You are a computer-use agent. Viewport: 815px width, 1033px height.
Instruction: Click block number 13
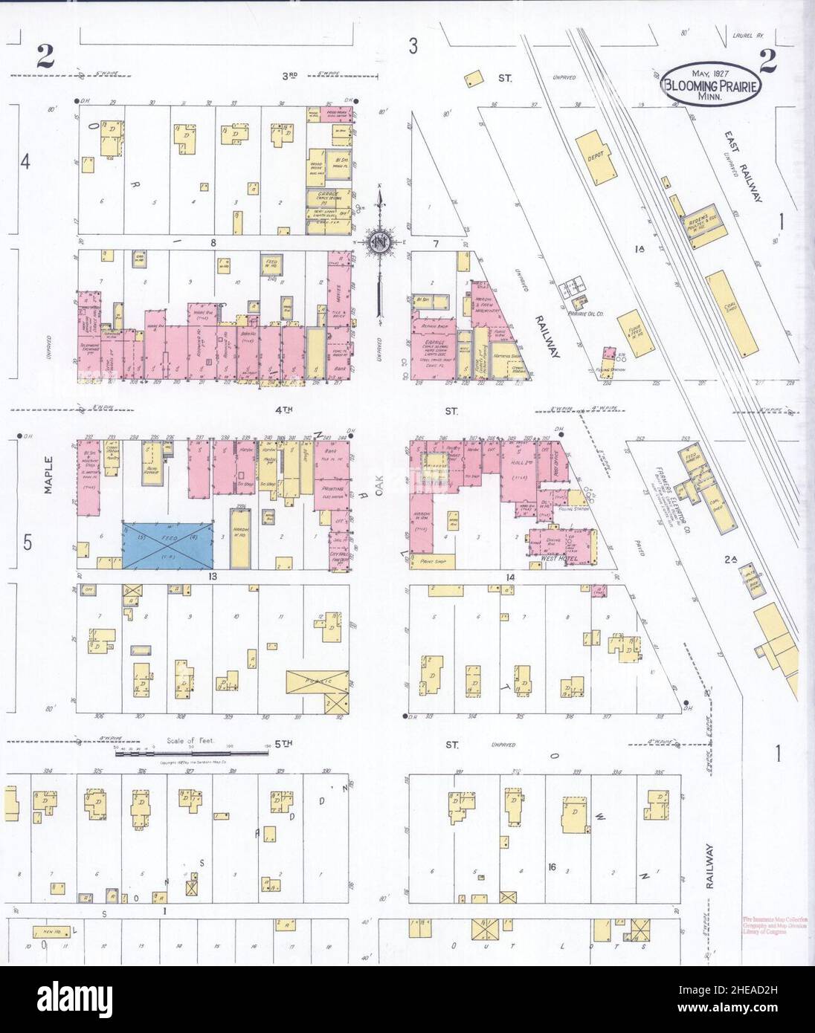click(x=212, y=576)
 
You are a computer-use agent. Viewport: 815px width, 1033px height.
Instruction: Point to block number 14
click(x=510, y=576)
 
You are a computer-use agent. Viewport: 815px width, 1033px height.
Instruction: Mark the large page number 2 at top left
click(x=48, y=56)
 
